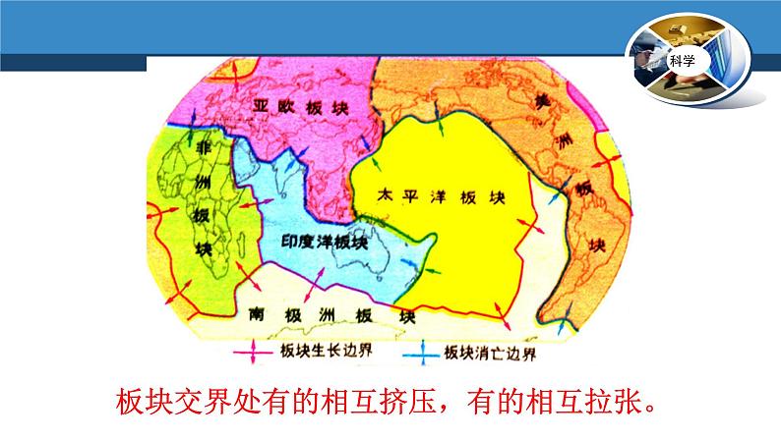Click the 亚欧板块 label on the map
pos(300,107)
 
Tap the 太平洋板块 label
pos(442,196)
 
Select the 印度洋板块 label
pos(325,243)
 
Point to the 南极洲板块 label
pos(332,315)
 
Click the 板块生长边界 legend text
pos(327,351)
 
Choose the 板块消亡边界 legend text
pos(490,353)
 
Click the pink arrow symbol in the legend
pos(253,352)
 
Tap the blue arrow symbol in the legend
pos(422,354)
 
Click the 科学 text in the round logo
pos(682,61)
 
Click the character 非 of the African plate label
pos(204,147)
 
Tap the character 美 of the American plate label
pos(542,102)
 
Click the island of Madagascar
pos(242,246)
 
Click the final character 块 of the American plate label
pos(597,245)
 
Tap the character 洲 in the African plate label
pos(203,181)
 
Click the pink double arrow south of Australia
pos(315,285)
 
